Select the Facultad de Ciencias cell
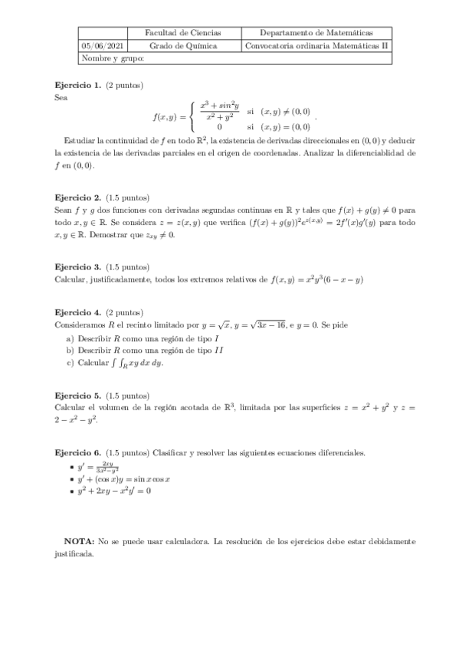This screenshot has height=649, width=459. pos(183,33)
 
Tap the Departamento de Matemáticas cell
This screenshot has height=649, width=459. pos(316,33)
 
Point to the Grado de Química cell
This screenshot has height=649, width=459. pos(183,46)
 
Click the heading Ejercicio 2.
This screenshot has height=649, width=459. pos(78,197)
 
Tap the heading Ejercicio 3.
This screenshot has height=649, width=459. pos(78,267)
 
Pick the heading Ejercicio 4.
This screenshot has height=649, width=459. pos(78,312)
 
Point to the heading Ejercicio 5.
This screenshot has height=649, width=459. pos(78,396)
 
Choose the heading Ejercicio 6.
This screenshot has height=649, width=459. pos(78,453)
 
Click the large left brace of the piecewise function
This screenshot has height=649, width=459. pos(192,116)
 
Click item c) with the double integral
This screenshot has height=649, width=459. pos(115,364)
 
